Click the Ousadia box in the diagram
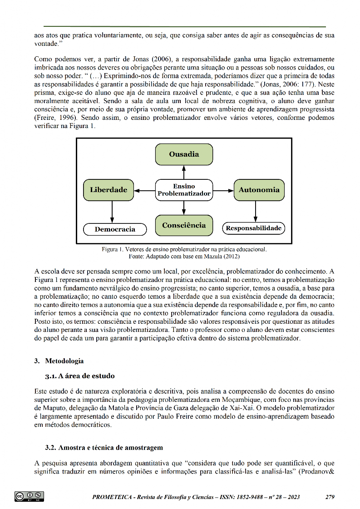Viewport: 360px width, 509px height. pos(184,154)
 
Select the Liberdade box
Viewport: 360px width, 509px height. pos(108,190)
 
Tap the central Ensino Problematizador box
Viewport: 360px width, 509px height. pos(184,190)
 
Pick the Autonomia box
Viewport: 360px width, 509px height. pos(259,190)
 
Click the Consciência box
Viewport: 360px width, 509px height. pos(184,225)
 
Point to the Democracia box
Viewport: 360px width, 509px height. pos(115,229)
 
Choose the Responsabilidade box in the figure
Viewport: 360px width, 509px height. pos(253,228)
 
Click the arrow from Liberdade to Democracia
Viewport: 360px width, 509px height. pos(112,212)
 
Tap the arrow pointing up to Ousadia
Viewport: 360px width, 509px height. pos(184,172)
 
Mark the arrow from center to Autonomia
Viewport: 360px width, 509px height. pos(223,191)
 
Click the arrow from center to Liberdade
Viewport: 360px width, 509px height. pos(145,191)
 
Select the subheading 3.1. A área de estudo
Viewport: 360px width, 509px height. pos(79,376)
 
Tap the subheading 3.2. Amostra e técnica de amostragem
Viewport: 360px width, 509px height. pos(104,448)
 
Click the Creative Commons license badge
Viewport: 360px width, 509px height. pos(29,496)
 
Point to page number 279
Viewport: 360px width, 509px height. pos(330,497)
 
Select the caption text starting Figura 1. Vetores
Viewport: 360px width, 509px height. pos(184,249)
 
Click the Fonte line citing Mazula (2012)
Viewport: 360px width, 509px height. pos(184,256)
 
